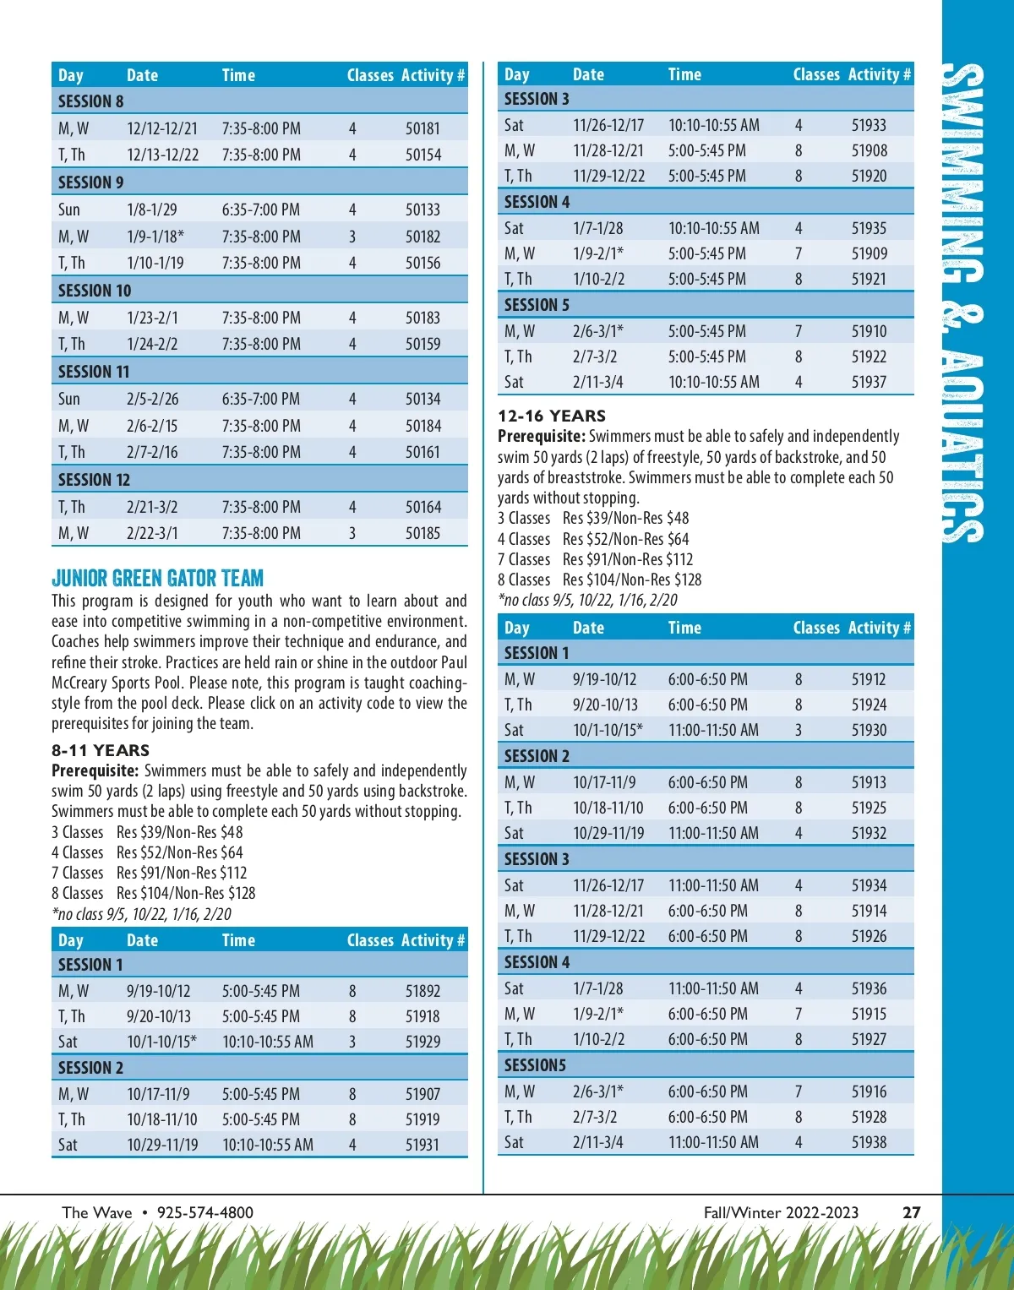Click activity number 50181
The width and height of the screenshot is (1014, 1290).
(x=422, y=128)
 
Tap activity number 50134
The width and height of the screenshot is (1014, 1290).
(x=422, y=399)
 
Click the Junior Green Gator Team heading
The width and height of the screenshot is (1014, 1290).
(x=157, y=579)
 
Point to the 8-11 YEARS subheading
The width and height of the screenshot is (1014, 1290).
(x=100, y=750)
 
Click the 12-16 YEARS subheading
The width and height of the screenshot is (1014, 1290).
(x=552, y=416)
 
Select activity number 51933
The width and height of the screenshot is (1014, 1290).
(x=869, y=125)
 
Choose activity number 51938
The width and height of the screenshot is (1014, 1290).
(x=869, y=1142)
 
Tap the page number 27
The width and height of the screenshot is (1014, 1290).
(x=911, y=1212)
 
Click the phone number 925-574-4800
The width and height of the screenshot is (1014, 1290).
(x=204, y=1212)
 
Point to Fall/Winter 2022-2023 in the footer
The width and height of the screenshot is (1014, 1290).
(x=781, y=1212)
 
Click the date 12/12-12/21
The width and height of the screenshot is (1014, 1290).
(x=162, y=128)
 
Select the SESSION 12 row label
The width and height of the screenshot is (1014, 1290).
(x=94, y=480)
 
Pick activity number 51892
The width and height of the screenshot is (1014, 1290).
(x=422, y=991)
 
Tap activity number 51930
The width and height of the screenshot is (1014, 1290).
(x=869, y=730)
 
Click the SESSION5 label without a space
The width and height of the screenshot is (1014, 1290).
(x=535, y=1065)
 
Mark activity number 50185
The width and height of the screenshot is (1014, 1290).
(x=422, y=533)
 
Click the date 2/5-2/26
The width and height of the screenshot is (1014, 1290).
(x=152, y=399)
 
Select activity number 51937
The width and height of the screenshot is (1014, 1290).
(x=869, y=382)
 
